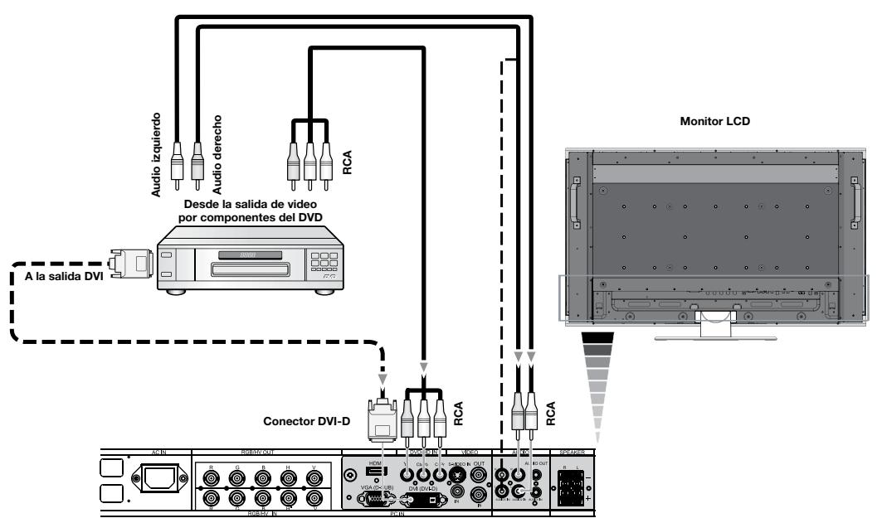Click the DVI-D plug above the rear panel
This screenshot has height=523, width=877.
click(x=382, y=419)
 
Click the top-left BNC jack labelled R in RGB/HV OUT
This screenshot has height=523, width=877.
click(x=210, y=477)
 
